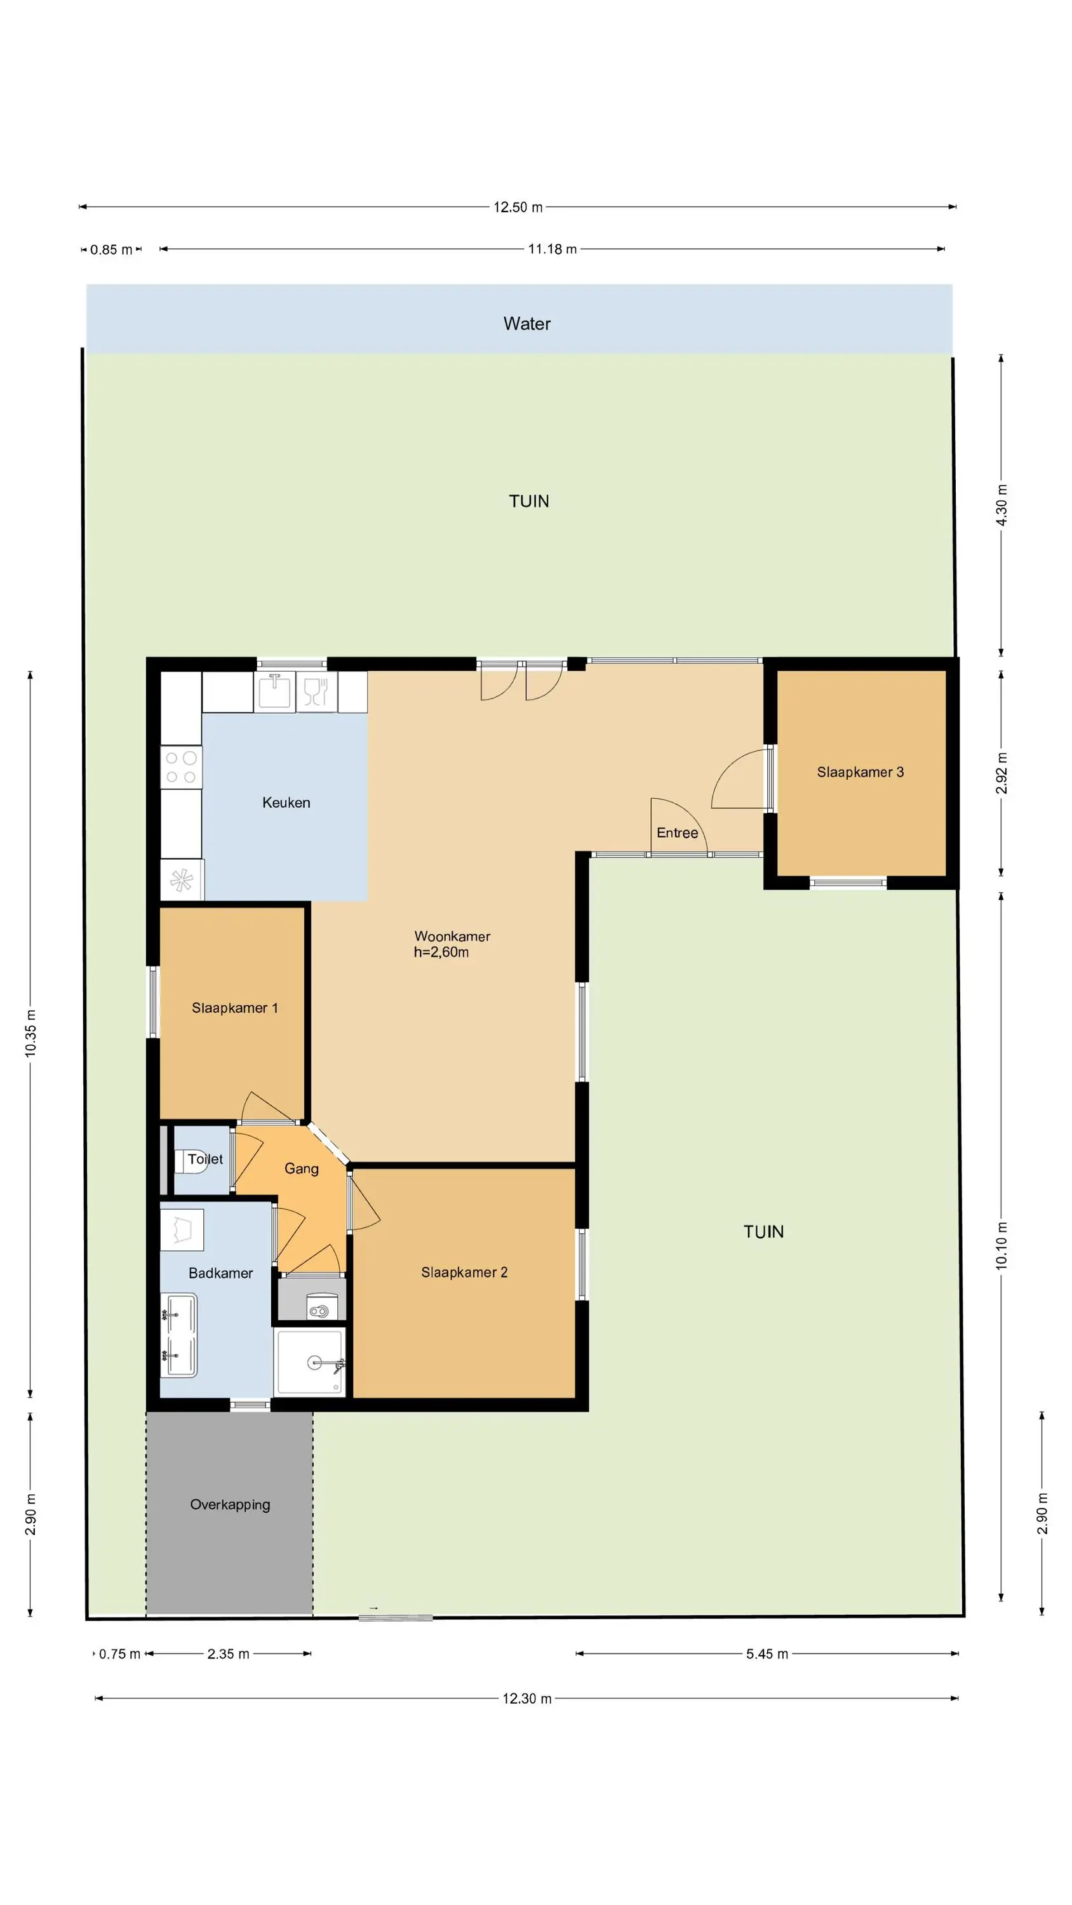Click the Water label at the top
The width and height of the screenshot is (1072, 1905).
(526, 324)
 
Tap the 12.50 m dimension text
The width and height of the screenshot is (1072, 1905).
(518, 207)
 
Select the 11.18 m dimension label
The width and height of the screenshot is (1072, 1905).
(552, 249)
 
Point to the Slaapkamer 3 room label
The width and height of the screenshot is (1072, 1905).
(861, 772)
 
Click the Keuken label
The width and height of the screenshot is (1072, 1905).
(286, 803)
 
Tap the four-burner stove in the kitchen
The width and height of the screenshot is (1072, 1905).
(181, 768)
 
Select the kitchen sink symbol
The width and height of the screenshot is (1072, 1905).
(274, 690)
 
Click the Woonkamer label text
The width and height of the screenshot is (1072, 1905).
(452, 936)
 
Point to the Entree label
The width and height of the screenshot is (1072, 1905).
(678, 832)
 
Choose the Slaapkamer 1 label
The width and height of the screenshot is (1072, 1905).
(234, 1008)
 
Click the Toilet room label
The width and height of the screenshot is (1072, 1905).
(205, 1159)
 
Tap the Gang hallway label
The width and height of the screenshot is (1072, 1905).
(302, 1169)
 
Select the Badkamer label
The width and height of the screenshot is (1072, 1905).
(220, 1273)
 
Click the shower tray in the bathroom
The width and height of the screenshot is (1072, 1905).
(310, 1361)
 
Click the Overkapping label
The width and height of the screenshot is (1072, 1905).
(230, 1504)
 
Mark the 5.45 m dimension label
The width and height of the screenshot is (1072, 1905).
(767, 1654)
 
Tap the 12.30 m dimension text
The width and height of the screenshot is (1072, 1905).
(526, 1698)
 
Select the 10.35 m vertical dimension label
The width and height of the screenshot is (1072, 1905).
(30, 1033)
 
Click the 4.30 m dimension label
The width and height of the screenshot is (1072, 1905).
(1002, 505)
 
